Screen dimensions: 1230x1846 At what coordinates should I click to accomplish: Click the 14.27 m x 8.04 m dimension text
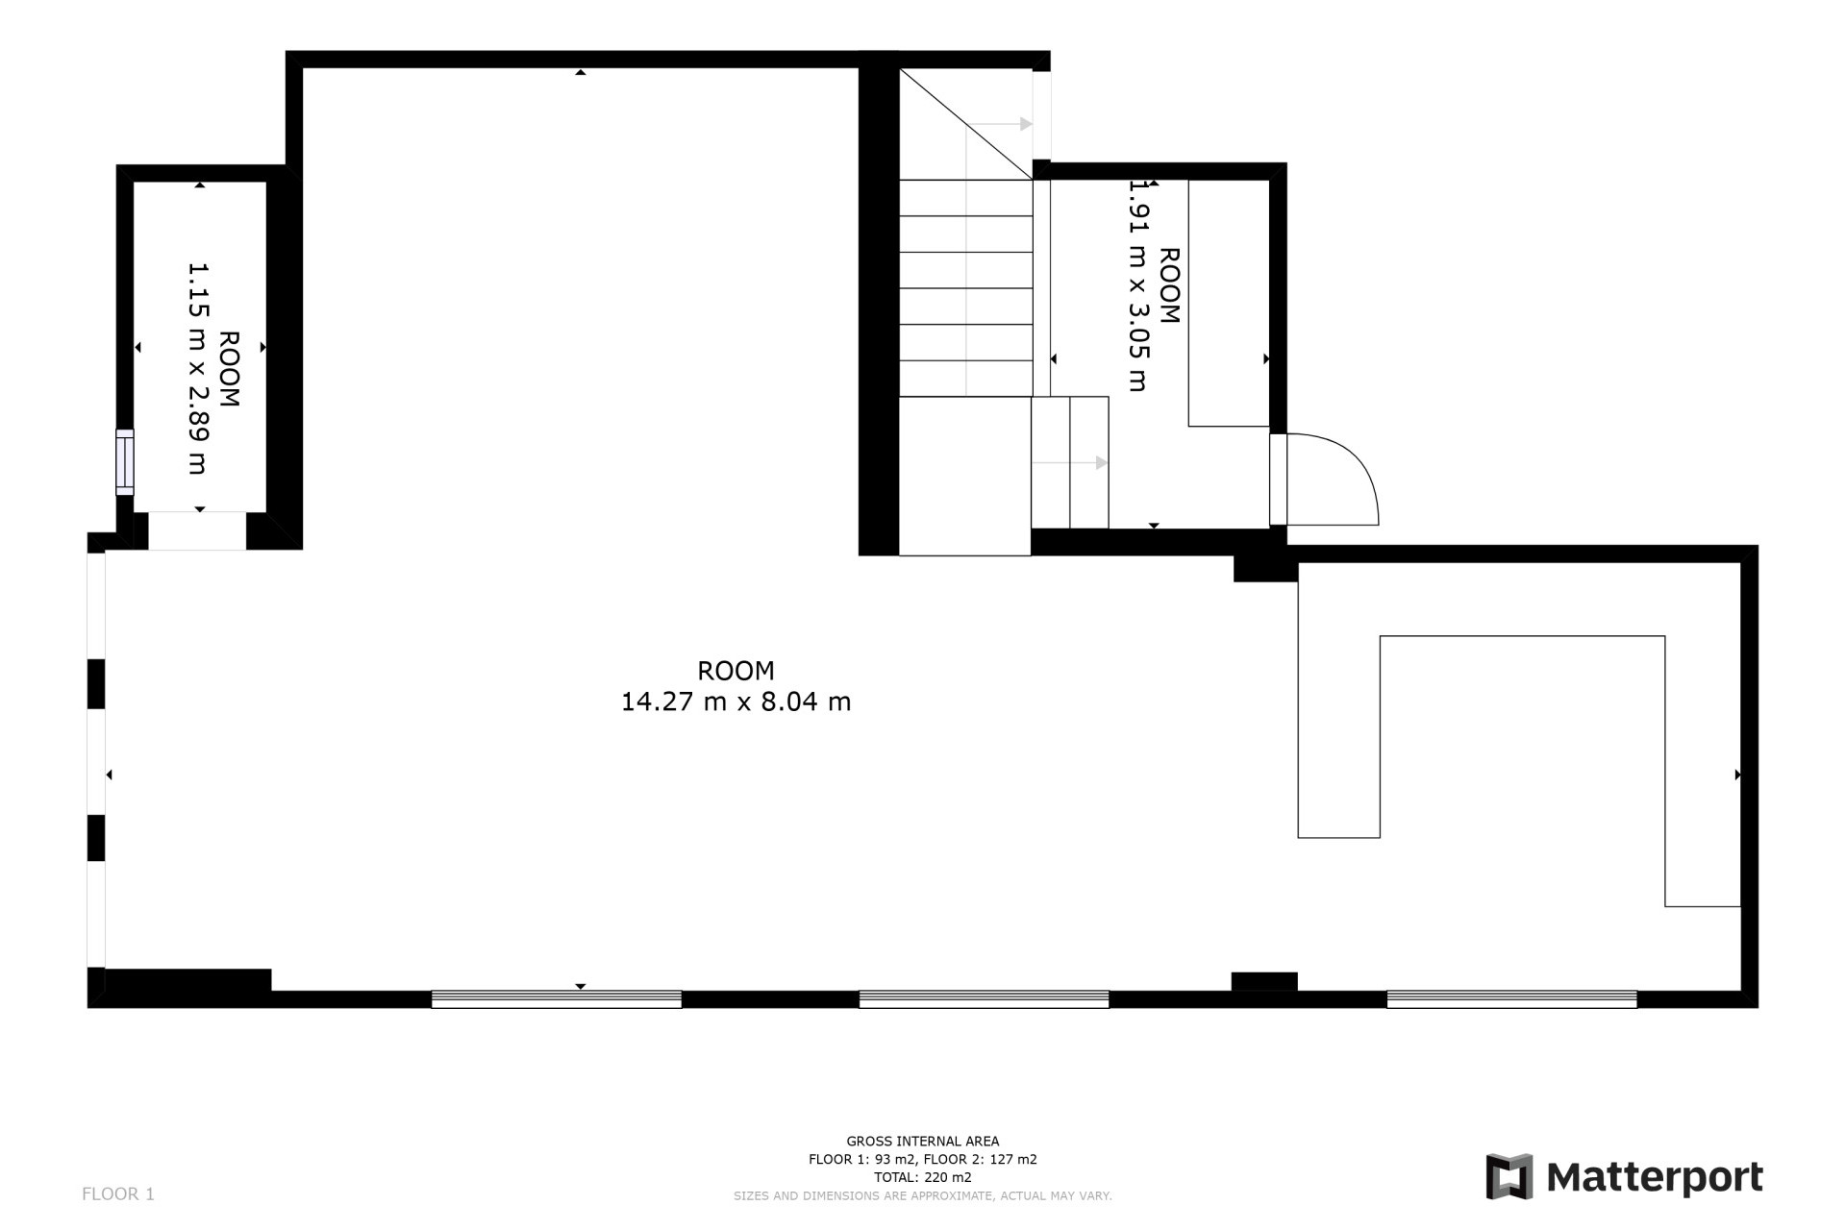coord(736,702)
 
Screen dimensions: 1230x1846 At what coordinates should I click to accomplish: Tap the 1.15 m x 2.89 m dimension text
coord(197,369)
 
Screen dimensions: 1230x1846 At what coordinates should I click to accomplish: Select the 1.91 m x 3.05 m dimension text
coord(1138,286)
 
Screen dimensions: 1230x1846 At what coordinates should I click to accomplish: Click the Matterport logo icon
coord(1509,1176)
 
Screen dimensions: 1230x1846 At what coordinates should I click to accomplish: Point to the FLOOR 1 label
coord(118,1194)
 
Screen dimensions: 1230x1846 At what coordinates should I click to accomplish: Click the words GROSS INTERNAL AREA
coord(922,1142)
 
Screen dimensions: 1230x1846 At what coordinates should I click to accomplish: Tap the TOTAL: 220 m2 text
coord(922,1177)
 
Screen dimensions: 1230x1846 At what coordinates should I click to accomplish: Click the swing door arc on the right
coord(1346,471)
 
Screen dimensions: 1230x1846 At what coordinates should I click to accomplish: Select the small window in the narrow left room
coord(125,462)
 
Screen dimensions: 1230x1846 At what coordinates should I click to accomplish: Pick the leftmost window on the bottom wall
coord(557,999)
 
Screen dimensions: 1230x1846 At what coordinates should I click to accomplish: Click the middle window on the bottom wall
coord(984,999)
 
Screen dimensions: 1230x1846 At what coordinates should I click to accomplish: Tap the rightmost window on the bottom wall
coord(1511,999)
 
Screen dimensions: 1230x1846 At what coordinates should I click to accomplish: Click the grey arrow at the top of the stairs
coord(1026,124)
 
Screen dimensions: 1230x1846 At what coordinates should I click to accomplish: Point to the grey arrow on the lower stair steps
coord(1101,463)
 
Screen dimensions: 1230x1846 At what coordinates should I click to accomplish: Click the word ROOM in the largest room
coord(736,671)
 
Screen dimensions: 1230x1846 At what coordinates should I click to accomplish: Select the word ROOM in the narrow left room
coord(229,369)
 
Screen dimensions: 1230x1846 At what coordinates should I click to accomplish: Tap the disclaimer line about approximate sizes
coord(922,1196)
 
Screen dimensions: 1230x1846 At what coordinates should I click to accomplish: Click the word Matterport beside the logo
coord(1655,1177)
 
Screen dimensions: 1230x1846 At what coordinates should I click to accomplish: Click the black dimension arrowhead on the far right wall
coord(1737,775)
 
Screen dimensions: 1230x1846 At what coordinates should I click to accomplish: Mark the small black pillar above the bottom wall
coord(1264,981)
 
